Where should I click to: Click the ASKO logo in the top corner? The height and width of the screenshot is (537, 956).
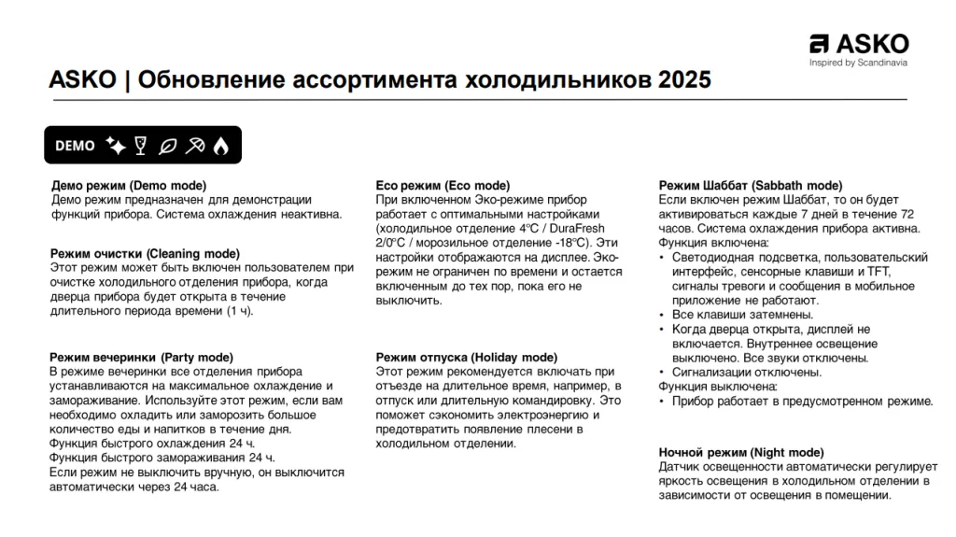tap(859, 44)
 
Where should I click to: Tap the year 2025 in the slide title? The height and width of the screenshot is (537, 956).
tap(684, 80)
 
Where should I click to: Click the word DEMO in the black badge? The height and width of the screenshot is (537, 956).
tap(75, 146)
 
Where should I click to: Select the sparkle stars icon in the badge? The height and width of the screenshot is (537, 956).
tap(116, 145)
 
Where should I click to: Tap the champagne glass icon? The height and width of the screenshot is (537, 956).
tap(142, 145)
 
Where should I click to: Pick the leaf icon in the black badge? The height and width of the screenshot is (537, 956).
tap(168, 145)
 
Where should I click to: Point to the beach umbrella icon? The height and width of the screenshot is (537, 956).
tap(195, 145)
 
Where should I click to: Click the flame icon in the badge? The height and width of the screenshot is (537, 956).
tap(220, 145)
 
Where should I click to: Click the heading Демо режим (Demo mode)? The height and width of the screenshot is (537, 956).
tap(129, 186)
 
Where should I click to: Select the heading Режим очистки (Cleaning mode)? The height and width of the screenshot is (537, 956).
tap(145, 253)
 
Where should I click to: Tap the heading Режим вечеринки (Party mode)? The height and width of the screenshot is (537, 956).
tap(142, 357)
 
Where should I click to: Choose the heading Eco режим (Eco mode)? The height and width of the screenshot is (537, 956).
tap(443, 186)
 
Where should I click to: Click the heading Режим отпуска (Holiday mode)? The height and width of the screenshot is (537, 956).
tap(466, 357)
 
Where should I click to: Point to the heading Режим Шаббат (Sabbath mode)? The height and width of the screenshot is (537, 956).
tap(751, 186)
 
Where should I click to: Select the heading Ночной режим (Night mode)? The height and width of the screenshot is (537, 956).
tap(741, 452)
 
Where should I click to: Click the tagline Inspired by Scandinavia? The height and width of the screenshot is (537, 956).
tap(858, 64)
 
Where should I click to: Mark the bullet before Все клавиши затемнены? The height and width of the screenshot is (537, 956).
tap(663, 316)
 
